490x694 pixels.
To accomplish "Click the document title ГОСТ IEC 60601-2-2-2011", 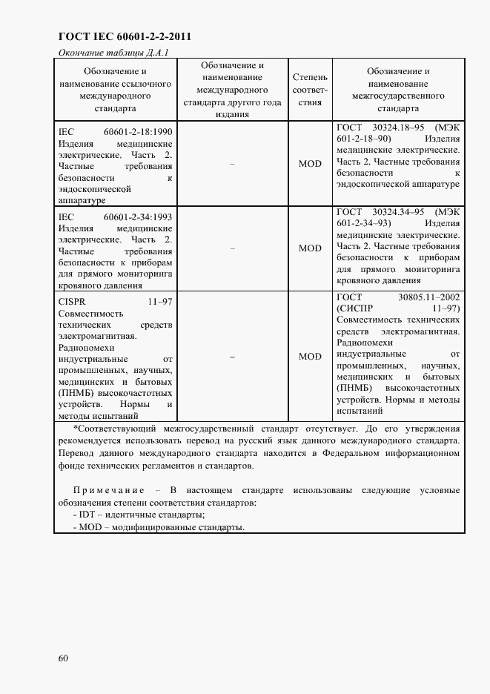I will (x=119, y=36).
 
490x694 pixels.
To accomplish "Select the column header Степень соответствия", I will (x=310, y=90).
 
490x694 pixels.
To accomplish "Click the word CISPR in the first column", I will (x=72, y=302).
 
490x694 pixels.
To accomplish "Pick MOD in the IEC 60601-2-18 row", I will (x=310, y=164).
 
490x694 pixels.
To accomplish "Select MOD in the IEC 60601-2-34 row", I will (x=310, y=248).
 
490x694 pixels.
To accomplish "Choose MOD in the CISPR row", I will (x=310, y=357).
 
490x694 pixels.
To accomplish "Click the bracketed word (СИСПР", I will (x=355, y=308).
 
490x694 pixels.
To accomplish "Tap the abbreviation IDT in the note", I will (x=87, y=515).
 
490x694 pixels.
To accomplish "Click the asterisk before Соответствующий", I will (x=75, y=429).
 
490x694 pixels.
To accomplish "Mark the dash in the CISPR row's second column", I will (x=232, y=357).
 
